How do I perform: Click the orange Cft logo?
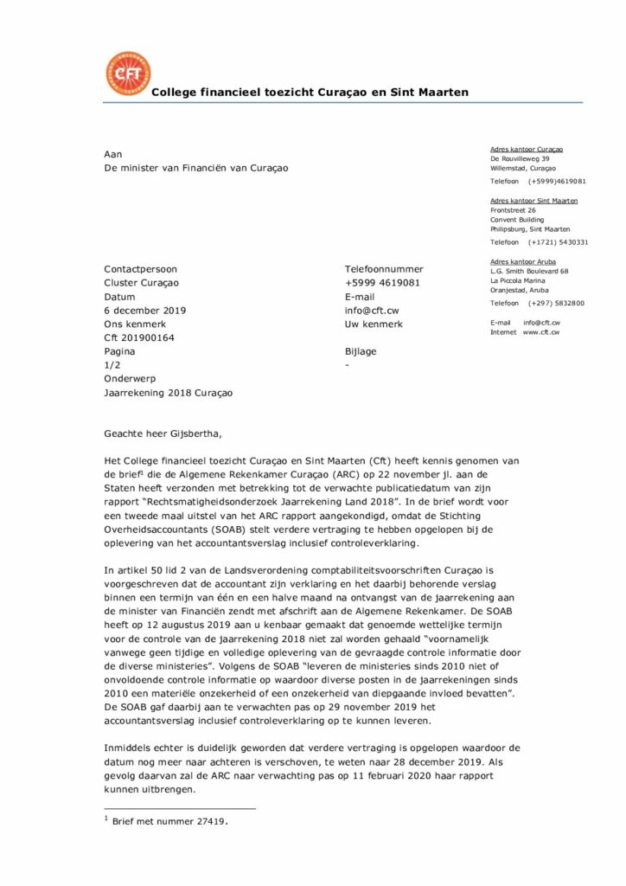[127, 73]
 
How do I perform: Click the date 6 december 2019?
[144, 310]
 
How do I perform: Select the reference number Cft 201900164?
[139, 337]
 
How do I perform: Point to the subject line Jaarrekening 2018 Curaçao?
[168, 393]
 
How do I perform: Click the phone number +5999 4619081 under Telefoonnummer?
[383, 283]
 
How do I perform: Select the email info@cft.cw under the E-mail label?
[372, 310]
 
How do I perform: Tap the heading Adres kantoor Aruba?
[523, 261]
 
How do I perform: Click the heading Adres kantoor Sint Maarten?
[533, 201]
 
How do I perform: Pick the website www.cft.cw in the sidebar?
[541, 332]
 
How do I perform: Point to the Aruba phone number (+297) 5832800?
[557, 303]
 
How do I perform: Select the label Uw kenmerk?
[373, 324]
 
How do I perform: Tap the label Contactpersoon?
[140, 269]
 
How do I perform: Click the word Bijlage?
[361, 351]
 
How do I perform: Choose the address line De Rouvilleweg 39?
[520, 159]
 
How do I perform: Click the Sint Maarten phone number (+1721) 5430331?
[559, 242]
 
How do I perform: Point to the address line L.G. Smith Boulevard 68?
[529, 272]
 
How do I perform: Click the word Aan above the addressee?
[112, 154]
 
